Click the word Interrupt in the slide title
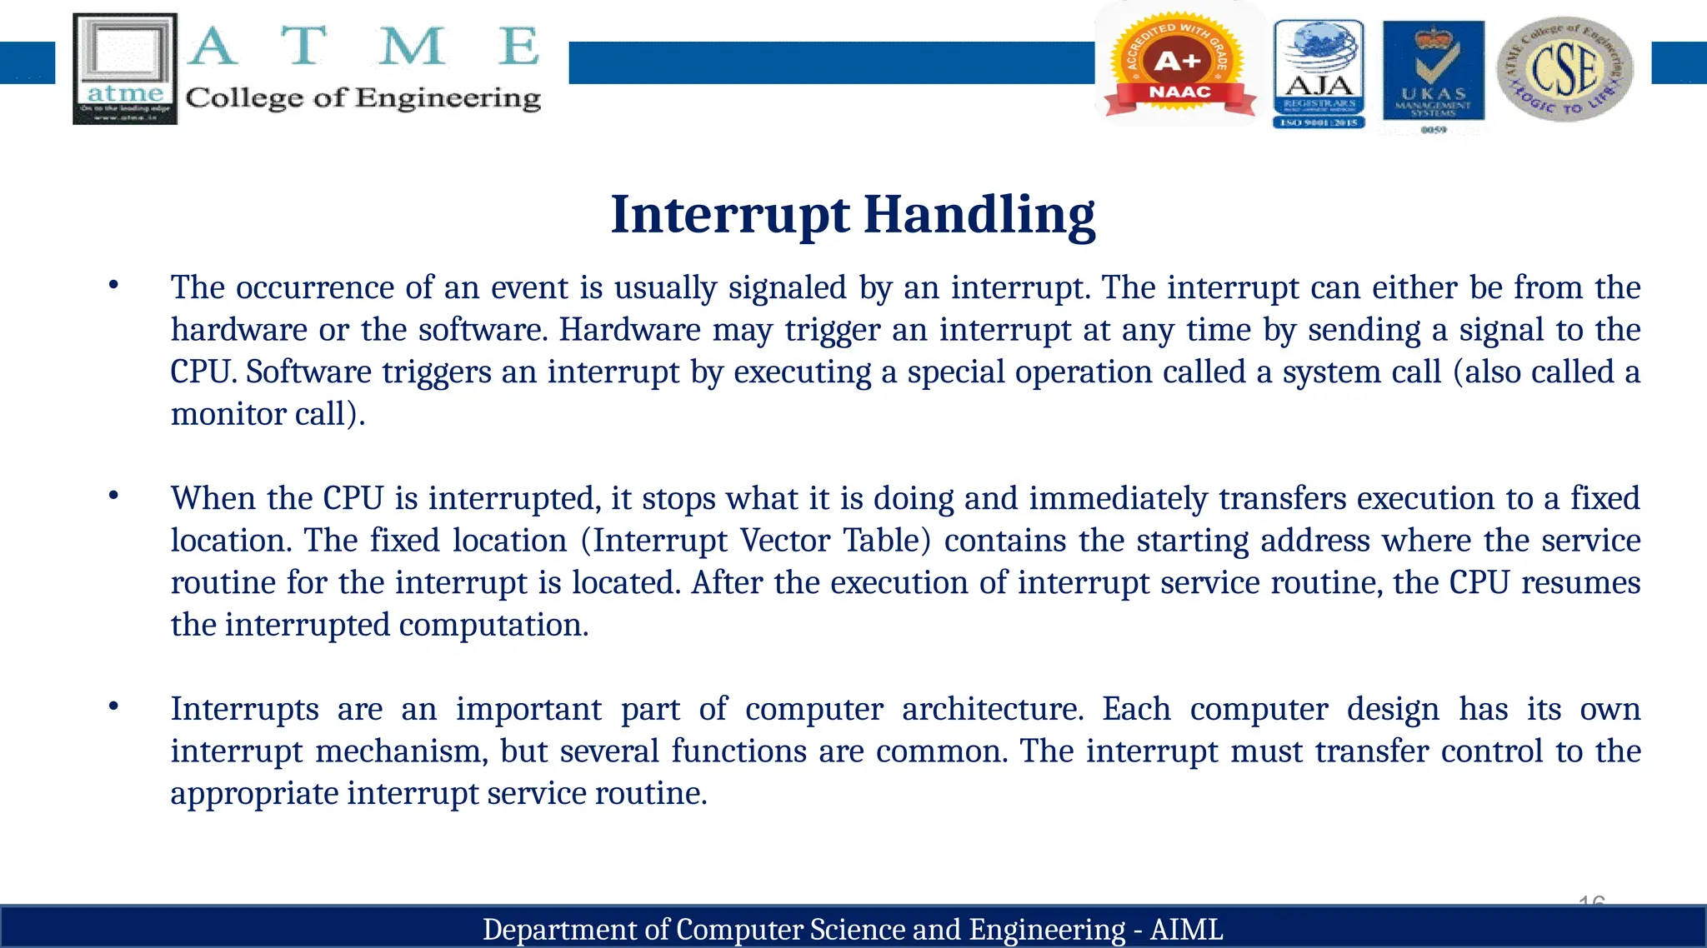[730, 215]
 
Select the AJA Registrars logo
[1319, 73]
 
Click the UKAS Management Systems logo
[1433, 73]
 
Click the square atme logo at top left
[125, 68]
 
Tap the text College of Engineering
[363, 98]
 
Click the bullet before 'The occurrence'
[114, 286]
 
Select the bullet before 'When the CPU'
[114, 496]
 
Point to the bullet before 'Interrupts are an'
[114, 707]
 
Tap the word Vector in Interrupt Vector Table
[785, 541]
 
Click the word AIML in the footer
[1186, 929]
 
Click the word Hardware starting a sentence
[629, 330]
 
